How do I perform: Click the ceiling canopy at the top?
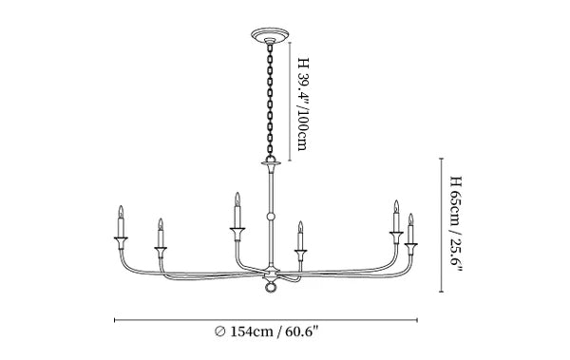[x=270, y=35]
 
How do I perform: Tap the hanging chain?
[x=270, y=101]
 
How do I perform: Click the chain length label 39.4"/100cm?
[x=303, y=104]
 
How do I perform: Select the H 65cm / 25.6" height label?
[x=456, y=224]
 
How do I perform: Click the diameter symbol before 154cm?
[x=220, y=332]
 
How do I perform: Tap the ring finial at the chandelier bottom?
[x=270, y=287]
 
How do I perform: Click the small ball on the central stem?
[x=271, y=217]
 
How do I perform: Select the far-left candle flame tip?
[x=121, y=206]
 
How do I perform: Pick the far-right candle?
[x=410, y=229]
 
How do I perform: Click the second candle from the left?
[x=161, y=233]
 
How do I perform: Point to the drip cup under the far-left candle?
[x=121, y=239]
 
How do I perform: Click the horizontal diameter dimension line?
[x=266, y=320]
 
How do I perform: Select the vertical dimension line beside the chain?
[x=290, y=102]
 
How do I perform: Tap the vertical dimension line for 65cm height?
[x=442, y=225]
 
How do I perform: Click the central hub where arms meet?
[x=271, y=272]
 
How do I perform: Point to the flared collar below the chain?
[x=271, y=164]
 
